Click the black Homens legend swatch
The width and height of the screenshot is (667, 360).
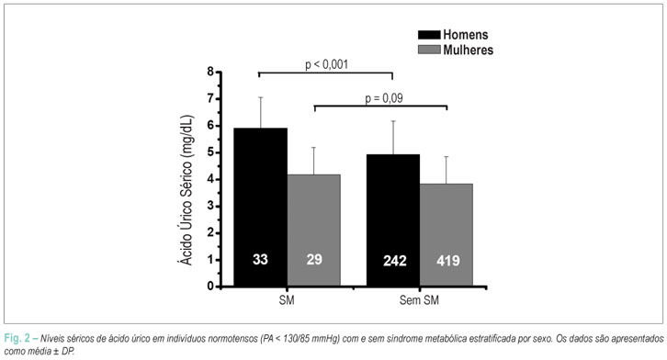tap(429, 35)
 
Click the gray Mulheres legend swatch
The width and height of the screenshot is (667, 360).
tap(429, 50)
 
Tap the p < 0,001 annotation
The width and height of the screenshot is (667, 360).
tap(327, 64)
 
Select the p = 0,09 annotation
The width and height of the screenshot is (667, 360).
tap(384, 98)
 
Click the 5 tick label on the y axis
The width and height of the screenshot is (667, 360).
tap(211, 152)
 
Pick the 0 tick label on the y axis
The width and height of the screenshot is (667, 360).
tap(211, 287)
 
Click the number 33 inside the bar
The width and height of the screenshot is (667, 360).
tap(260, 259)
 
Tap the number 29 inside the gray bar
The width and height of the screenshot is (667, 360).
tap(314, 259)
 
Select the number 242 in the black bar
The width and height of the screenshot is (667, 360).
tap(395, 261)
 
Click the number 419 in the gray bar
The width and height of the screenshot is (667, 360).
tap(448, 261)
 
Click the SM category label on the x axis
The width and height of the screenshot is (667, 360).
tap(287, 300)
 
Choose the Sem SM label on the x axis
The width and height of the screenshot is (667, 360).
tap(419, 300)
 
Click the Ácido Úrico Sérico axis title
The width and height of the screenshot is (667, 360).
tap(186, 190)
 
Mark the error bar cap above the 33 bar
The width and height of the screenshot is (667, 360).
tap(261, 97)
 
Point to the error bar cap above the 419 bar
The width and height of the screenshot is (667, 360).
tap(447, 156)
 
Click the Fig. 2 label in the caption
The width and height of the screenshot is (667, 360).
tap(17, 339)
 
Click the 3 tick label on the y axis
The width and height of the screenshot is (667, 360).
tap(211, 206)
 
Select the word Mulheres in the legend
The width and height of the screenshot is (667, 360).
tap(468, 51)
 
